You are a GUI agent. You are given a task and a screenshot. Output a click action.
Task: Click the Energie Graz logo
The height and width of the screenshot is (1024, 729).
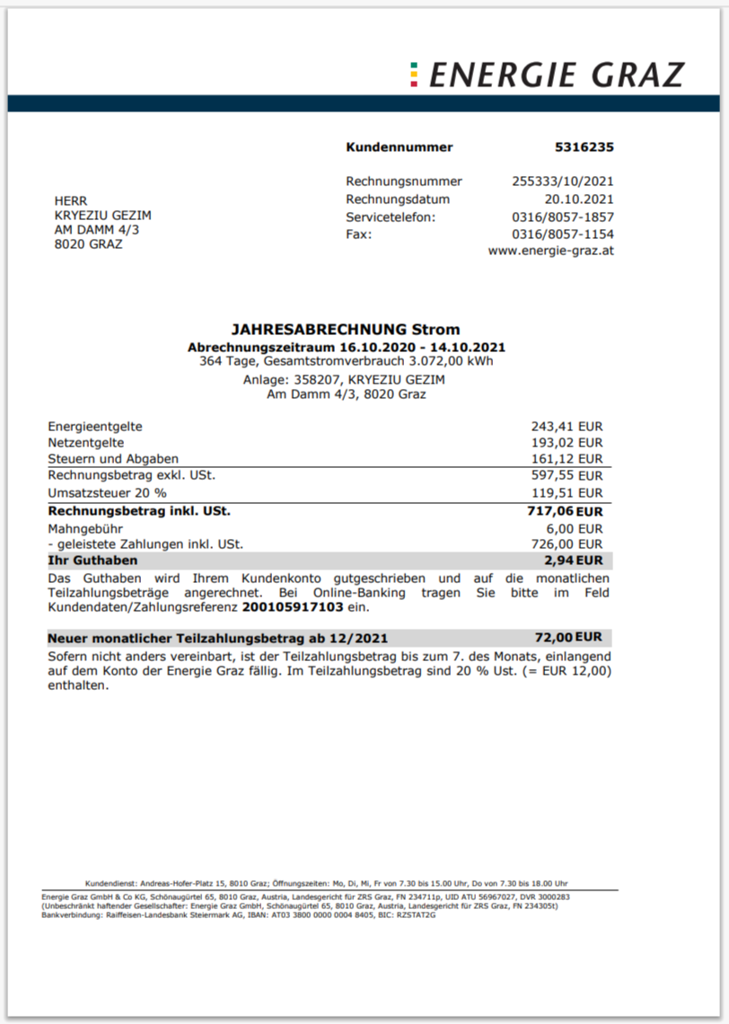(x=547, y=75)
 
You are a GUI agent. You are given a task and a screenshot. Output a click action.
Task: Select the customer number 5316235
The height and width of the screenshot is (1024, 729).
(x=584, y=147)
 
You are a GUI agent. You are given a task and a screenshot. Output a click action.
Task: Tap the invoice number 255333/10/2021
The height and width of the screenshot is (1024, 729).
(x=563, y=181)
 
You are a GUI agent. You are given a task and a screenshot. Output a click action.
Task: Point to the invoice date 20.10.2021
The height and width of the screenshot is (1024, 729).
(x=579, y=199)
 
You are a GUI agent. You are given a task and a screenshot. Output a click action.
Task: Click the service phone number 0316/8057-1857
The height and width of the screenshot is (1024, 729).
(x=563, y=217)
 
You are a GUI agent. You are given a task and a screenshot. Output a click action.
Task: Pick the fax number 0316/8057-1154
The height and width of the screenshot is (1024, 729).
(x=563, y=234)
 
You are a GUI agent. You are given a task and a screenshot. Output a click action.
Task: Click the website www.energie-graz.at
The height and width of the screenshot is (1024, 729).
(x=551, y=252)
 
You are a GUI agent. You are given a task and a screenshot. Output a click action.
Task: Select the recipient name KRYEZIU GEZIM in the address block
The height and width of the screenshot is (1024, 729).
(x=103, y=216)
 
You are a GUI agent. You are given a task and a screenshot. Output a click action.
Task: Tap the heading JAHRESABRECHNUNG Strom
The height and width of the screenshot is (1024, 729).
(x=346, y=331)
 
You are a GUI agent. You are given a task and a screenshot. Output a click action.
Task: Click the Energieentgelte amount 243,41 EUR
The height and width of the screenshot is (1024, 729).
(x=567, y=427)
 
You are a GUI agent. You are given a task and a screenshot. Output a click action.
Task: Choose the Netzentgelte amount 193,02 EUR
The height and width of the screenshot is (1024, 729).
(x=567, y=443)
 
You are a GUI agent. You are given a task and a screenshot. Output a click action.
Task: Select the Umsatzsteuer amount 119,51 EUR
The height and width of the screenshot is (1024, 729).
(x=567, y=493)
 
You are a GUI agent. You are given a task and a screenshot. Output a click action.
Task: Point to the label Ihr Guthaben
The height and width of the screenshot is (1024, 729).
(x=92, y=561)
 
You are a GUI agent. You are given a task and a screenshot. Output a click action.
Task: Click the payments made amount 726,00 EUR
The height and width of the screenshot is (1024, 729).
(x=567, y=544)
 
